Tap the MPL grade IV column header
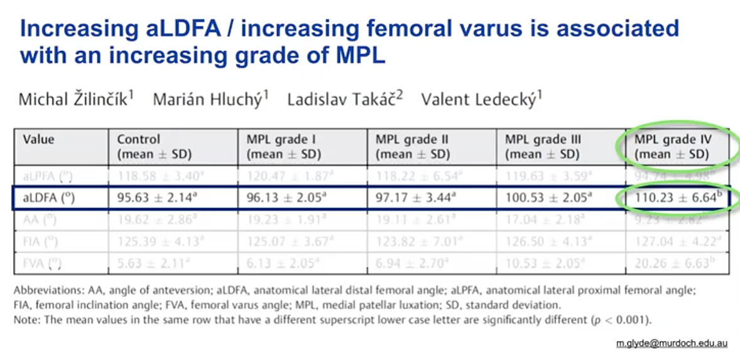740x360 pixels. tap(672, 146)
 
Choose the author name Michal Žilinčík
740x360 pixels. tap(76, 99)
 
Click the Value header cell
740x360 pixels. tap(39, 139)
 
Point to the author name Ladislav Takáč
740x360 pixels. tap(345, 99)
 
